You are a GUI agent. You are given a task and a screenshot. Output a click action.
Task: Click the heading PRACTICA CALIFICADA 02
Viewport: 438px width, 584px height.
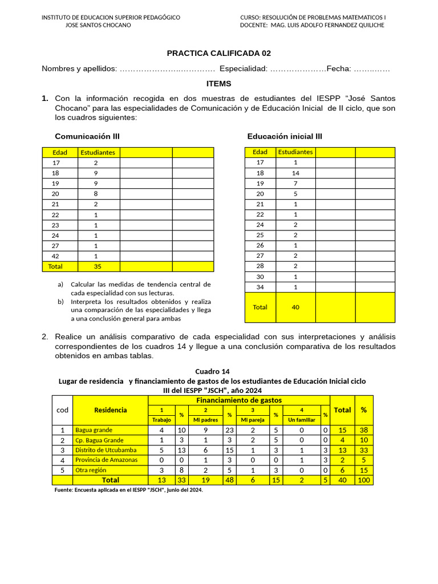[x=218, y=53]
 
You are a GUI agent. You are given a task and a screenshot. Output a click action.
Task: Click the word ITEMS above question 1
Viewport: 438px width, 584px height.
[x=218, y=83]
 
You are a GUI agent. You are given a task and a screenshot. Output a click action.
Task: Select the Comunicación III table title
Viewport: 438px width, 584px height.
[x=87, y=136]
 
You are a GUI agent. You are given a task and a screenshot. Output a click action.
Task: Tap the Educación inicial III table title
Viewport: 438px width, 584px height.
[x=285, y=136]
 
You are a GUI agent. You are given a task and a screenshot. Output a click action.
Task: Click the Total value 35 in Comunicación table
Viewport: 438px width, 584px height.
[x=96, y=266]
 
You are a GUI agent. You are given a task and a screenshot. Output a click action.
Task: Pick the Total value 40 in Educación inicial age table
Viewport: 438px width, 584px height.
[x=295, y=307]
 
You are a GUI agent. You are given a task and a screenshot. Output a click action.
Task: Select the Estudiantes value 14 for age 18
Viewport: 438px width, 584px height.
[x=295, y=173]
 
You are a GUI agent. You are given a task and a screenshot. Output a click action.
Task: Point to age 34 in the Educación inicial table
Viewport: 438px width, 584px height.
[x=260, y=287]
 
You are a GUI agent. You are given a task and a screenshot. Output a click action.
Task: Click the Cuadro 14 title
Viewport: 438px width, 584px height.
[x=212, y=371]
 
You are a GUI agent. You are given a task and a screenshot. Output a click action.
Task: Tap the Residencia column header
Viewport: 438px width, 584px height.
[x=111, y=410]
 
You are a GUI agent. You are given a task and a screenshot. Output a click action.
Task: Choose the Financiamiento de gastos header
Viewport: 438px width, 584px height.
[x=239, y=400]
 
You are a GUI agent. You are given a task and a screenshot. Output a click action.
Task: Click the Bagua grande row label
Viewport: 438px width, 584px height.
[x=94, y=430]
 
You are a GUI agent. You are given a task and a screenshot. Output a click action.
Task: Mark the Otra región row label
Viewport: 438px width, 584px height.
[x=92, y=470]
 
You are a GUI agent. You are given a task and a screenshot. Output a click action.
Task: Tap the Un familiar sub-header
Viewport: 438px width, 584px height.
[x=302, y=420]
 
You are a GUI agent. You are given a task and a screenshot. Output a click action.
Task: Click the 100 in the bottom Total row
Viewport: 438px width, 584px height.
[x=364, y=480]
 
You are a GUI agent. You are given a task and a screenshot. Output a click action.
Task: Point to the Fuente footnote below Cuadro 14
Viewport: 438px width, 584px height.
[x=128, y=490]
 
